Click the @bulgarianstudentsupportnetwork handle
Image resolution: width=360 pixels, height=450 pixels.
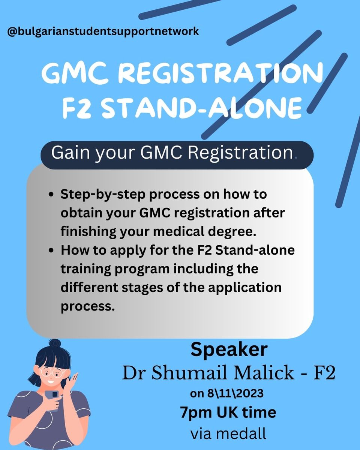[103, 32]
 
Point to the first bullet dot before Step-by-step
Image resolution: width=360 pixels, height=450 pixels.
[51, 194]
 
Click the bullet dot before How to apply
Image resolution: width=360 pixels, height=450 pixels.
[51, 250]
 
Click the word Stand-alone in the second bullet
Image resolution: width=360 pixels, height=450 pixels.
[255, 250]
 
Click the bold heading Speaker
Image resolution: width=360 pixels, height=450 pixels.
[229, 350]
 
